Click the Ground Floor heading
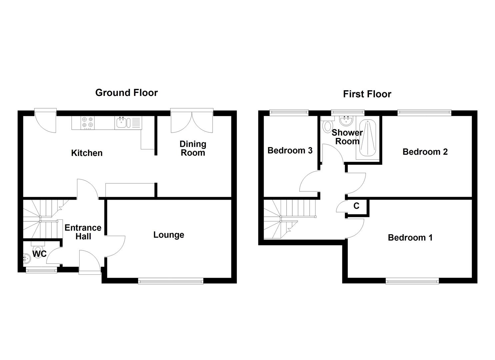126,93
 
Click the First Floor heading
367,94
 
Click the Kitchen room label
87,153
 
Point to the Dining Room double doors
192,121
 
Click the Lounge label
169,235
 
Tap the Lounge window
171,281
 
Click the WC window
41,270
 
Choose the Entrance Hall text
83,232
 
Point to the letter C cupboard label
356,206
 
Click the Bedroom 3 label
290,151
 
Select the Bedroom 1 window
412,281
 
